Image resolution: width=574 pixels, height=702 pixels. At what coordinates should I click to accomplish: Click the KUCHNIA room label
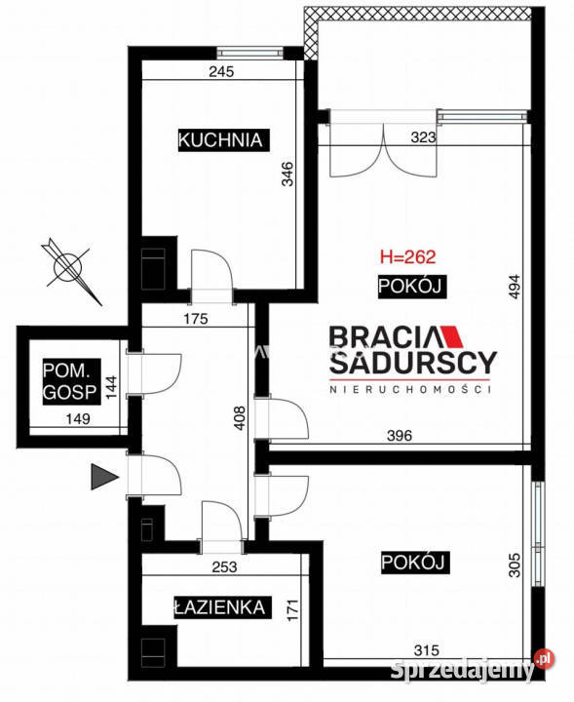click(x=221, y=139)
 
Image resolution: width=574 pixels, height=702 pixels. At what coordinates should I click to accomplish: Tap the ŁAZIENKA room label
click(x=219, y=607)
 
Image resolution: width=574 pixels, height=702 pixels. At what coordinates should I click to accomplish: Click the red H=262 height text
click(x=406, y=258)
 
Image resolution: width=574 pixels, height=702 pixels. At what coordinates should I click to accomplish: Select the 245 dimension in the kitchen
click(x=222, y=71)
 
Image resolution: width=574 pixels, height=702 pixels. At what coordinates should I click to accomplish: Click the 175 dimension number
click(x=198, y=317)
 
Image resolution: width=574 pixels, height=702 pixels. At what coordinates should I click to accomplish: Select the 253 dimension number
click(x=224, y=565)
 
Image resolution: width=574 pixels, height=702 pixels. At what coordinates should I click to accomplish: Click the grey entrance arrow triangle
click(x=102, y=476)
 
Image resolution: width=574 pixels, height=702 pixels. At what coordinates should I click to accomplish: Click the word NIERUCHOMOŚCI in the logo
click(x=411, y=389)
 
